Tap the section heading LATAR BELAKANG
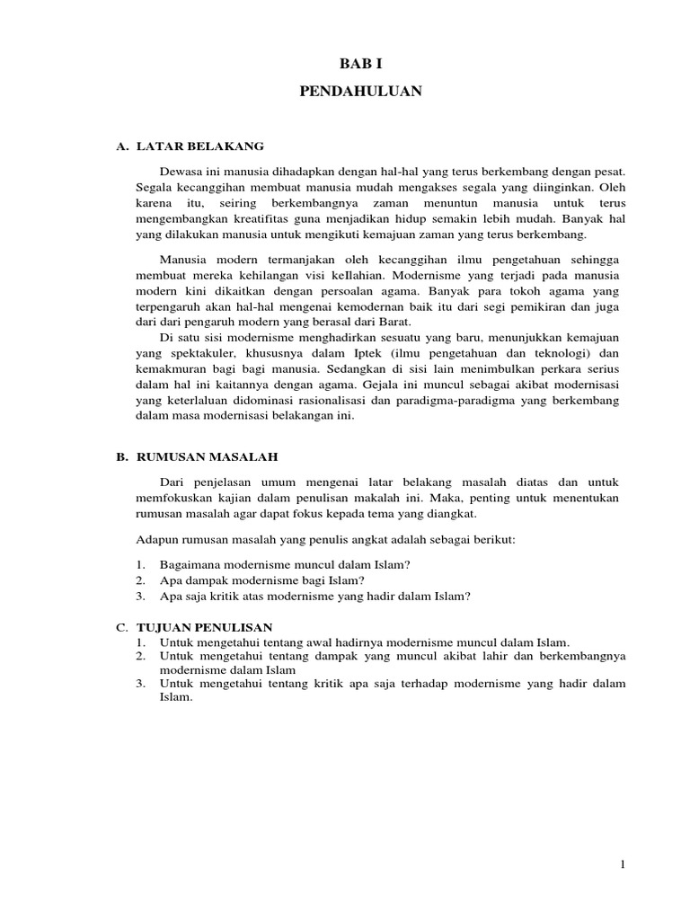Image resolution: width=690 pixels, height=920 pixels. click(199, 146)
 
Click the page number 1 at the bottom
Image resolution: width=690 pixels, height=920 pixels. click(622, 864)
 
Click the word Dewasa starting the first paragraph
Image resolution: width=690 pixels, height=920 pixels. click(180, 170)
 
